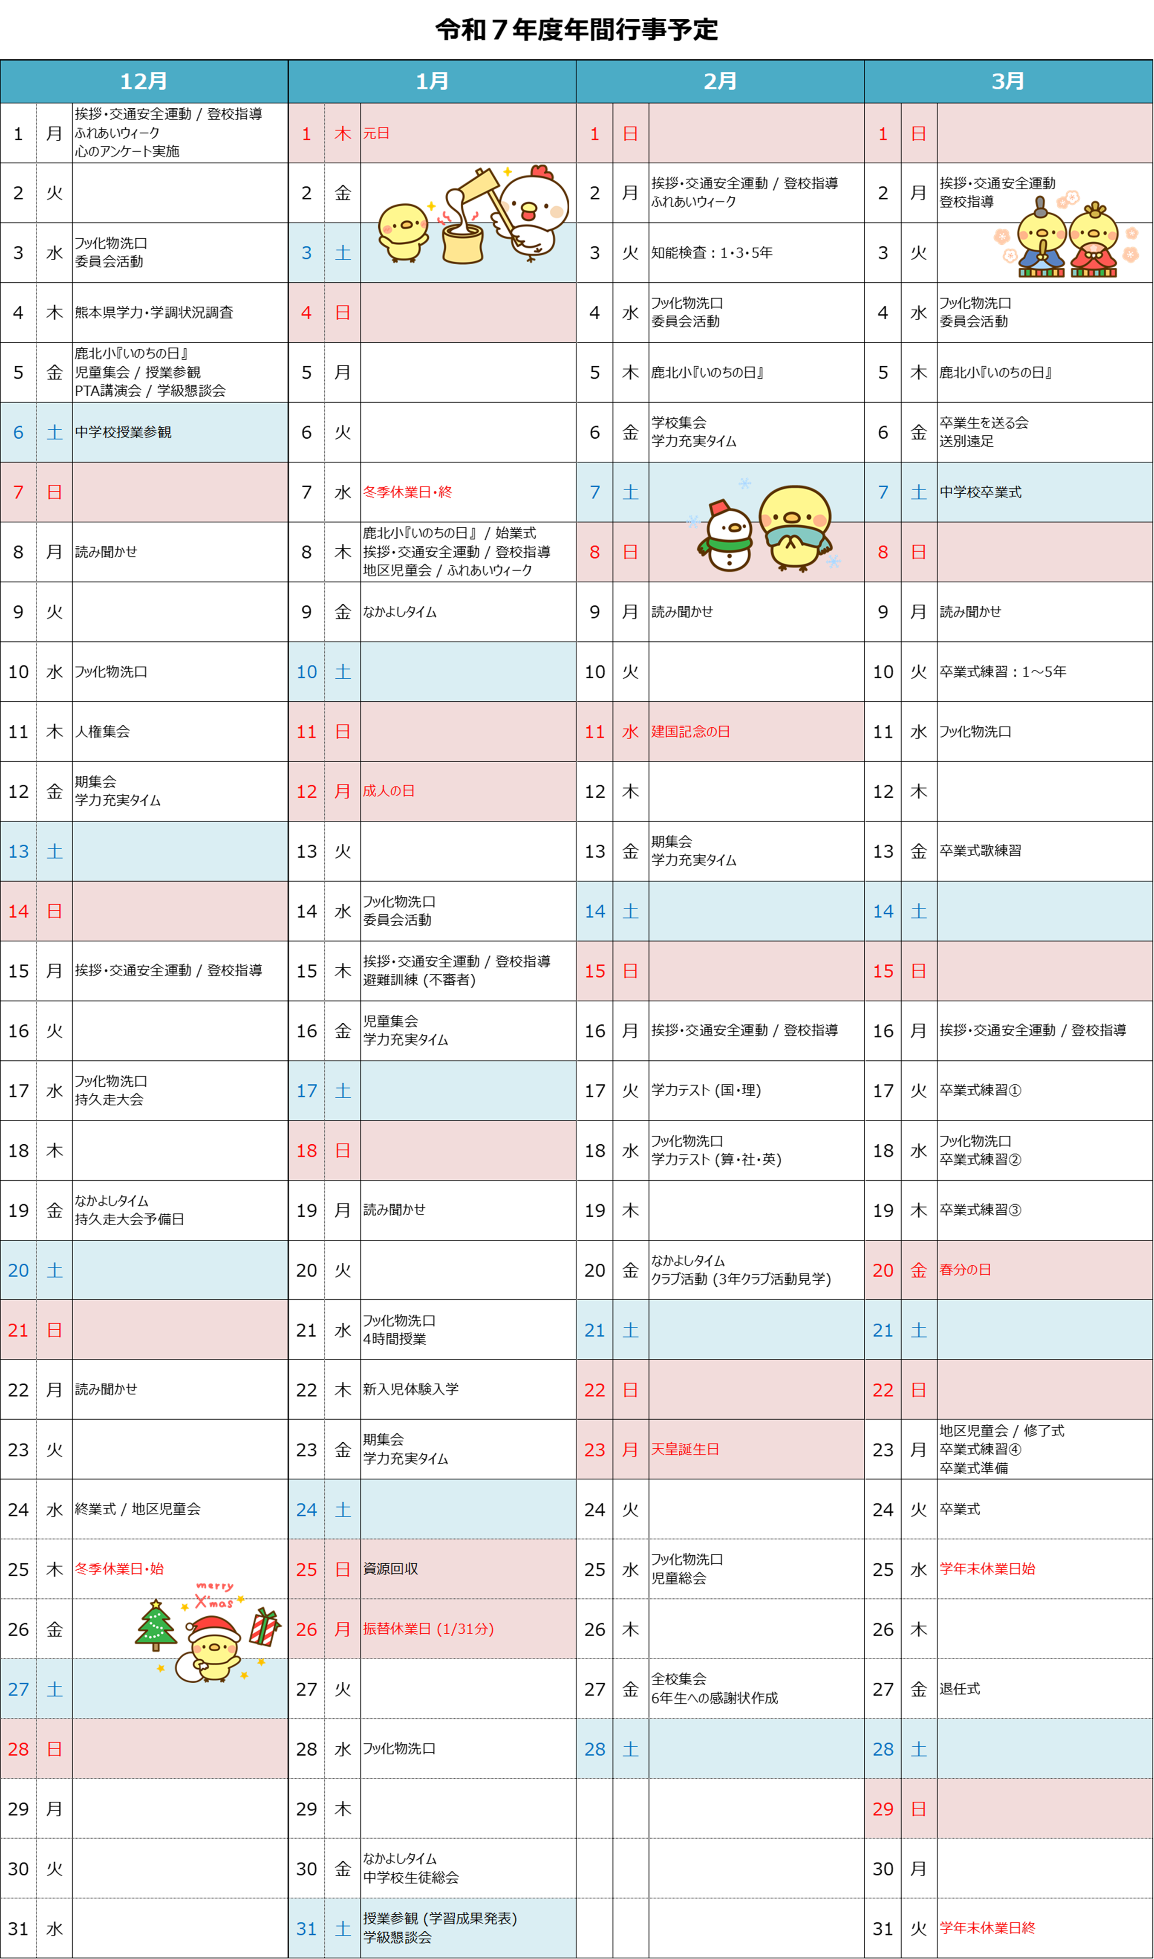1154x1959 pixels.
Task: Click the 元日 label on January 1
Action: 376,133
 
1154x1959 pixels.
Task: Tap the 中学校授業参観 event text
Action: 123,432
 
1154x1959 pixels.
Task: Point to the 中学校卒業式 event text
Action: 981,492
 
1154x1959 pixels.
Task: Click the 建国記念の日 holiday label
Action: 690,731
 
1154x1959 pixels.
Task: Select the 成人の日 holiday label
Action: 389,790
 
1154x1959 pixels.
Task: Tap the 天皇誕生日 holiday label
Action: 685,1450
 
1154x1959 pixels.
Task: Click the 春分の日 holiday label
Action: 965,1270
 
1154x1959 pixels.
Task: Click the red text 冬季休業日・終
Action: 407,492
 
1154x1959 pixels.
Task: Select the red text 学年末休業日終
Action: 987,1928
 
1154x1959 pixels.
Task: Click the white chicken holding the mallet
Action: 533,214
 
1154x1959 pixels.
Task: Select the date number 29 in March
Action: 883,1809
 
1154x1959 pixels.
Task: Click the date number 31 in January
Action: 306,1929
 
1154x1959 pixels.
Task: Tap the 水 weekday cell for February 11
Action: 630,731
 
